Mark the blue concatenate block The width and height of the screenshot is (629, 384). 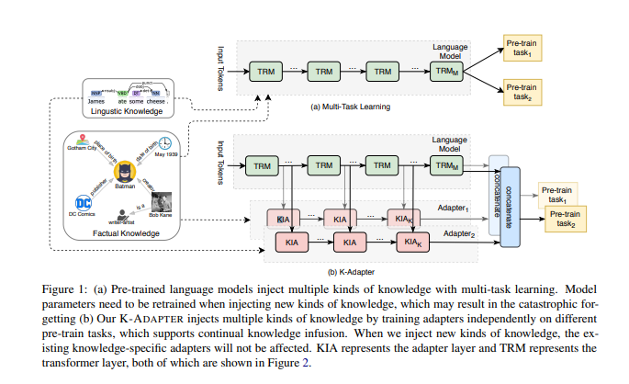pyautogui.click(x=511, y=208)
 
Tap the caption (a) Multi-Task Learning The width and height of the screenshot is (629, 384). pyautogui.click(x=352, y=107)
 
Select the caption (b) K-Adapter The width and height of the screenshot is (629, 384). pyautogui.click(x=352, y=269)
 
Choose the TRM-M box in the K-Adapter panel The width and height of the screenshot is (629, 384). pyautogui.click(x=444, y=164)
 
